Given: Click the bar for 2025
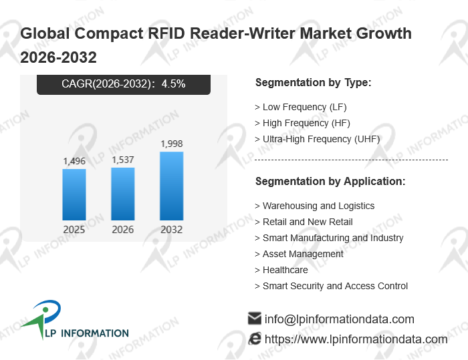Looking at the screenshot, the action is [x=74, y=195].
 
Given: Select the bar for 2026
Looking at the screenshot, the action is [x=122, y=194].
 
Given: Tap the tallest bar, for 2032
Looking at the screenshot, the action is [x=172, y=186].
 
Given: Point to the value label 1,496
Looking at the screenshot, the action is [x=74, y=161].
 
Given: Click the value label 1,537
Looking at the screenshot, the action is [x=122, y=160].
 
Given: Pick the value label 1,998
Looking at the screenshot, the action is [x=172, y=144].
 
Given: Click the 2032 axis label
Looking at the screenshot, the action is [x=172, y=229].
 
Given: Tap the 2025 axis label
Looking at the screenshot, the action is [x=74, y=229].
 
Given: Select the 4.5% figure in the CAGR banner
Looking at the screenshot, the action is [x=173, y=83].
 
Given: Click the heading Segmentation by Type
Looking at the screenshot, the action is [x=314, y=83].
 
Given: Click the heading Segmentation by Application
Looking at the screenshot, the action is [x=330, y=182].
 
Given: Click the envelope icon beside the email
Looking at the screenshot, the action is [x=255, y=319].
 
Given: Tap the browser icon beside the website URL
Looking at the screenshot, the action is [x=255, y=339].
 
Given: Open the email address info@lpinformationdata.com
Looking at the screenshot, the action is [x=340, y=319].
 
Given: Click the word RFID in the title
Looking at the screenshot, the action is [x=167, y=33].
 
